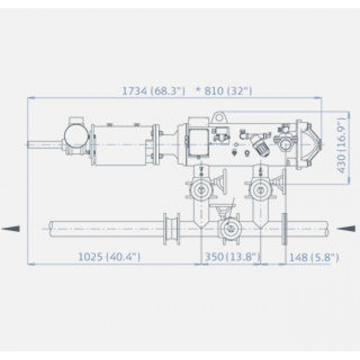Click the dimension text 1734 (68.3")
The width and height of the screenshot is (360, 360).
coord(153,91)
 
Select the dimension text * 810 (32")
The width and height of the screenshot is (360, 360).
coord(224,91)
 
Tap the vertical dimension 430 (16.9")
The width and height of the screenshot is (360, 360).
coord(341,146)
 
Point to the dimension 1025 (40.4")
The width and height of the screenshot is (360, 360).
coord(109,257)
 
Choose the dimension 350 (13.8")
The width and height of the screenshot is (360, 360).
coord(232,257)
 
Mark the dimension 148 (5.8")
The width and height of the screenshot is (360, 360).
coord(314,257)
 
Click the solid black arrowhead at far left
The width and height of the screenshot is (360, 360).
coord(11,228)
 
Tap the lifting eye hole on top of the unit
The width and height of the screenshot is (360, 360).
coord(220,118)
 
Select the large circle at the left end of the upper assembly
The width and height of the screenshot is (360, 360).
coord(76,137)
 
